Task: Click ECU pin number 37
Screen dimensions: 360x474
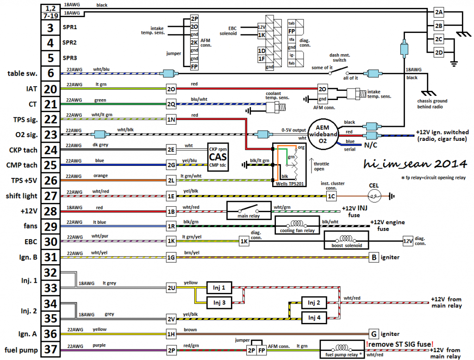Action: pyautogui.click(x=50, y=349)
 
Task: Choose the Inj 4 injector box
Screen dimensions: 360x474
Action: pyautogui.click(x=314, y=318)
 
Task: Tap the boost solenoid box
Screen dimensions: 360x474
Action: pyautogui.click(x=347, y=241)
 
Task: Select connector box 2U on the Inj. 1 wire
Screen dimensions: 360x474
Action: pyautogui.click(x=171, y=288)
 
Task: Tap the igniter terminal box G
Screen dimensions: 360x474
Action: pyautogui.click(x=373, y=334)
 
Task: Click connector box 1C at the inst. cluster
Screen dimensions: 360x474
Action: pyautogui.click(x=331, y=196)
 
